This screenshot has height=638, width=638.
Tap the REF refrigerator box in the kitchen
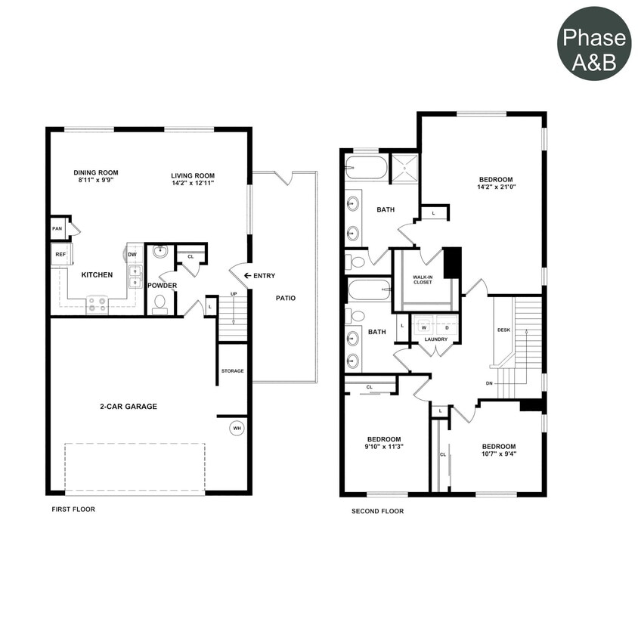60,255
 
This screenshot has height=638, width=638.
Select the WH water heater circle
237,429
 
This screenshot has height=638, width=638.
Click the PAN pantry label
57,228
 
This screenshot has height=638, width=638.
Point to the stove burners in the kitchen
97,304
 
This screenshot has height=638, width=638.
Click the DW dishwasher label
132,255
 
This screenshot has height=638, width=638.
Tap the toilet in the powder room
159,304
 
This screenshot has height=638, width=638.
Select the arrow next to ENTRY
246,276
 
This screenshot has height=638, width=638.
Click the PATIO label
285,298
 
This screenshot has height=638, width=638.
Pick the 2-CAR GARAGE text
129,407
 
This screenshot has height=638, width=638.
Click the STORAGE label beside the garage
232,371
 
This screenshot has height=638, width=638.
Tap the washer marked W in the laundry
423,327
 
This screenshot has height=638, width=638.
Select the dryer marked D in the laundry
446,327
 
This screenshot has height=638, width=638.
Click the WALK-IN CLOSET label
423,281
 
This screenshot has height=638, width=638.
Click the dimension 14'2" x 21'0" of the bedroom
495,186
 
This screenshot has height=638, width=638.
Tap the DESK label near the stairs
503,330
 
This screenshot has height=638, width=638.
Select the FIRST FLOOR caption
73,509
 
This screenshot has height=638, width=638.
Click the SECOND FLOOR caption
377,511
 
